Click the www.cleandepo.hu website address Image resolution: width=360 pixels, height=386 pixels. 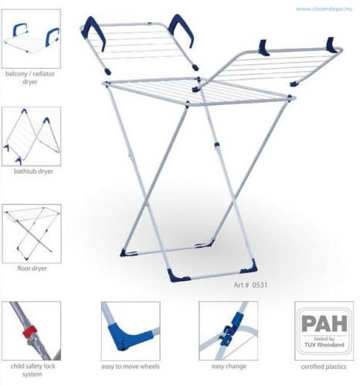point(324,9)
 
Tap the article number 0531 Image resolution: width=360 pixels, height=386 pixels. point(260,285)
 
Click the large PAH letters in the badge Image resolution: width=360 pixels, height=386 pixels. point(324,323)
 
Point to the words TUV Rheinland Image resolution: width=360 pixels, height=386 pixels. point(324,344)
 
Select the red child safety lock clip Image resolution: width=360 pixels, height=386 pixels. point(29,332)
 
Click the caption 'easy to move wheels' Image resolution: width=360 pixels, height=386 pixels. point(131,367)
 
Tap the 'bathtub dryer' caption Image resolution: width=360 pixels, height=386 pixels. point(33,171)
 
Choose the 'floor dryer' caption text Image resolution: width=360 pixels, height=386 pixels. point(32,269)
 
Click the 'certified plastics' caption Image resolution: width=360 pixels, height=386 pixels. point(324,367)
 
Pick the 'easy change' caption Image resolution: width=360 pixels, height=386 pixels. point(229,366)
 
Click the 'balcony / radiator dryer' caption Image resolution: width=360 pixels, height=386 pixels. point(30,78)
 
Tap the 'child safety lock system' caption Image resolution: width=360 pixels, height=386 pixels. point(32,370)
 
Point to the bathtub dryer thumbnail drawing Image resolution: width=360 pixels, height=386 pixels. point(32,137)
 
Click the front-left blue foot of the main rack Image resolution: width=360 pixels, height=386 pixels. point(177,276)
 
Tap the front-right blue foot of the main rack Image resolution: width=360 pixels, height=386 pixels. point(250,268)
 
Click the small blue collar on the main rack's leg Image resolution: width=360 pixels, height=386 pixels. point(217,145)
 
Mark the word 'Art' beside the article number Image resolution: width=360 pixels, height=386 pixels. point(239,285)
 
